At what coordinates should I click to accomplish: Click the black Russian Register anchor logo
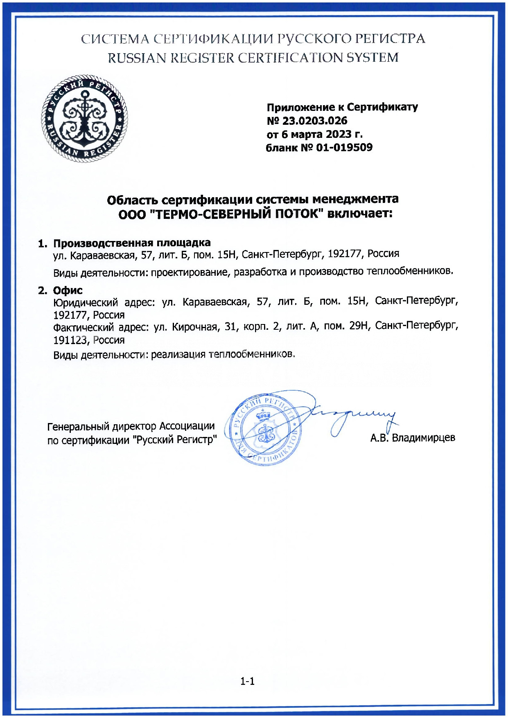pos(84,118)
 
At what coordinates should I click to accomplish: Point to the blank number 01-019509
pos(344,147)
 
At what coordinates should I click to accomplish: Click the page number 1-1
pos(247,681)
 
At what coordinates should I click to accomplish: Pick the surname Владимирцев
pos(423,438)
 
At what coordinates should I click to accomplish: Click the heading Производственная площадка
pos(132,243)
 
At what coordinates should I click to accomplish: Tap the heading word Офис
pos(68,290)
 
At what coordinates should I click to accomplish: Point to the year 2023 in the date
pos(339,134)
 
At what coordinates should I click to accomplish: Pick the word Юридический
pos(86,302)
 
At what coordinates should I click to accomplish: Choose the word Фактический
pos(84,327)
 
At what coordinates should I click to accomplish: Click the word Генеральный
pos(79,427)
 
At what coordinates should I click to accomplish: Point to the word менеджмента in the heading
pos(355,199)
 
